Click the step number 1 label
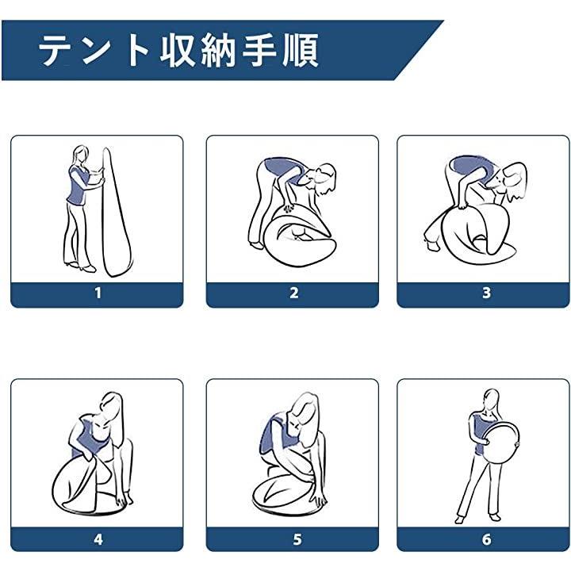(98, 293)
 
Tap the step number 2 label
(294, 293)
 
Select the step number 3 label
(486, 293)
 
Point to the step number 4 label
(98, 539)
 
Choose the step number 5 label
(297, 539)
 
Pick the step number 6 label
(486, 539)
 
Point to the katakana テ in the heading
(55, 50)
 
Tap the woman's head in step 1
(81, 155)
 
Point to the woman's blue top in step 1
(77, 185)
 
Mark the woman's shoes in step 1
(80, 266)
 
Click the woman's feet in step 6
(477, 517)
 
